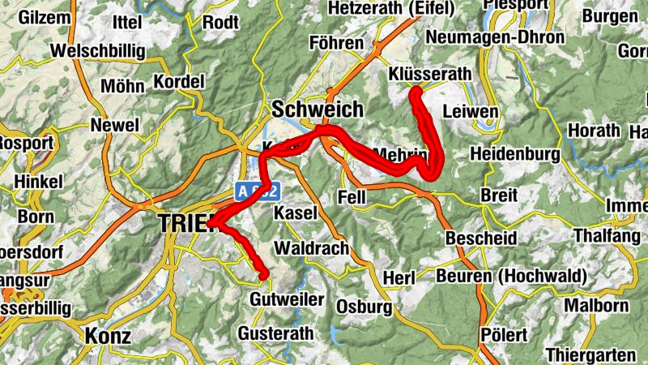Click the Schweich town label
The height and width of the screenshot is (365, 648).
318,109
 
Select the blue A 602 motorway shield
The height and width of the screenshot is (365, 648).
258,191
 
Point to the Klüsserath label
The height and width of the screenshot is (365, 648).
429,74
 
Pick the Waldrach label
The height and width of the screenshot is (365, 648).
312,247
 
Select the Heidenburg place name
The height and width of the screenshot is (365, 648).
514,154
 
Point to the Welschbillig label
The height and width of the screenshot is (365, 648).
97,51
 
